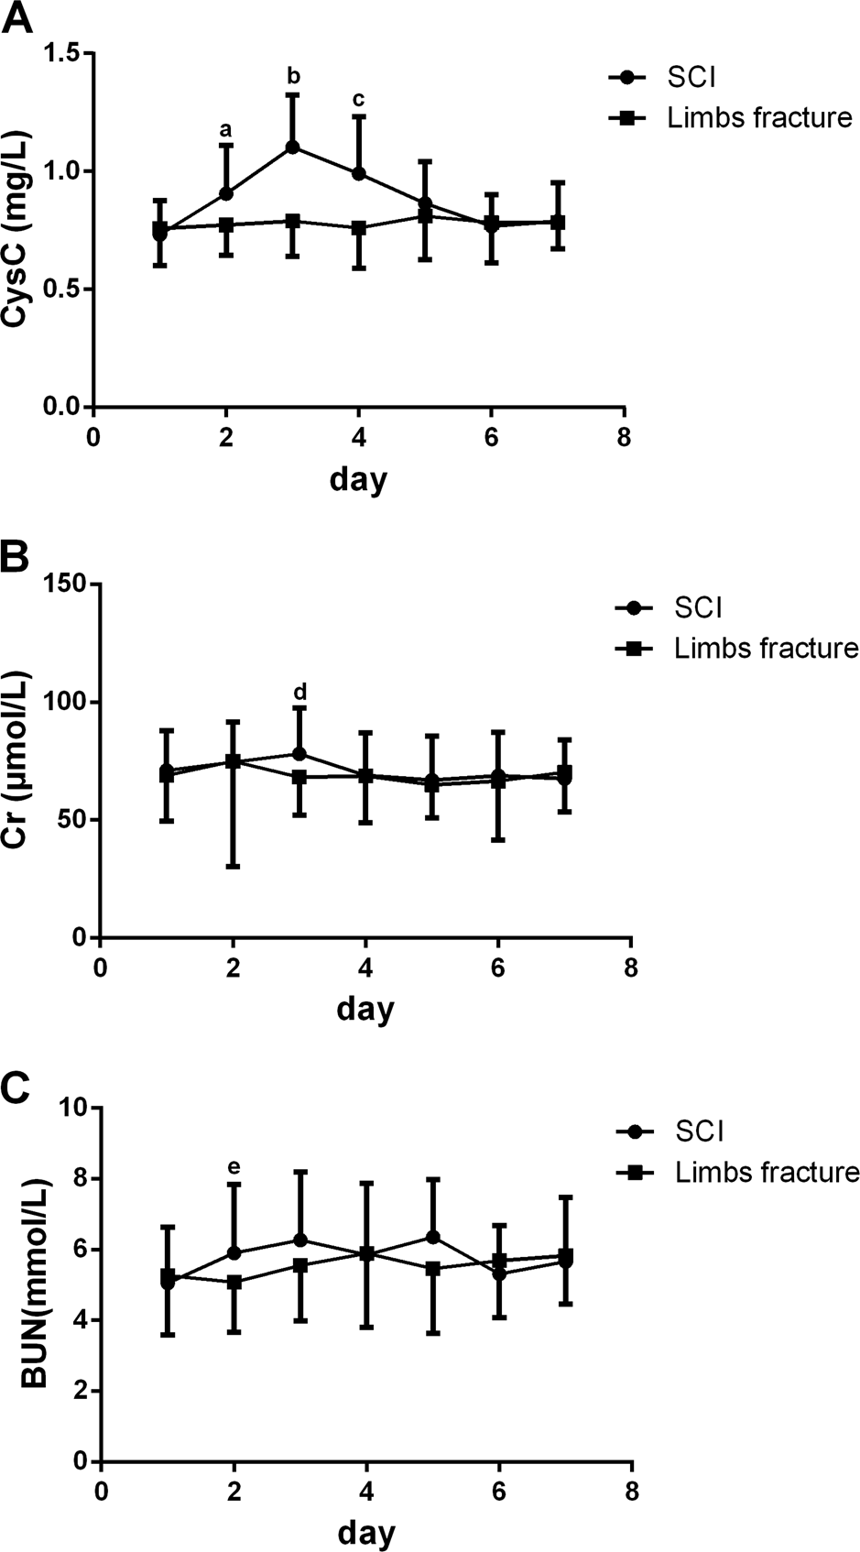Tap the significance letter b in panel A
click(294, 75)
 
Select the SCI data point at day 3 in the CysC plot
click(293, 147)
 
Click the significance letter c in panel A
click(359, 99)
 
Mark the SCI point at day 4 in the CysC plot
click(359, 173)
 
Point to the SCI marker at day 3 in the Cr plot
click(299, 754)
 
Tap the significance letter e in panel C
click(234, 1167)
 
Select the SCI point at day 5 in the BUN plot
click(433, 1237)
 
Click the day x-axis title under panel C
click(365, 1532)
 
